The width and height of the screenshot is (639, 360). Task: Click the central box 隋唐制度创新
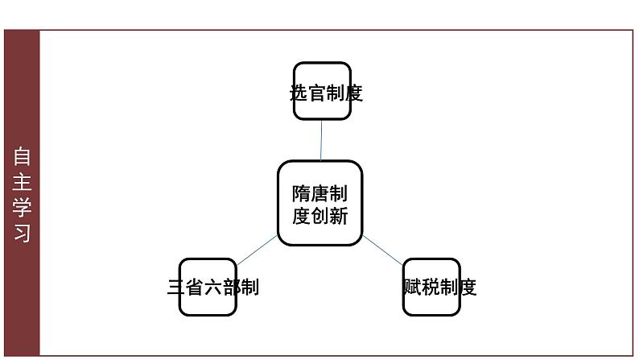coord(320,203)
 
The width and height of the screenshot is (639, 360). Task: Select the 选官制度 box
coord(323,91)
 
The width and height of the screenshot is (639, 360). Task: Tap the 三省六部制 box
coord(208,287)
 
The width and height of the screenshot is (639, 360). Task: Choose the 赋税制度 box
coord(431,287)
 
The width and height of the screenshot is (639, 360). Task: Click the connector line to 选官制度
coord(321,140)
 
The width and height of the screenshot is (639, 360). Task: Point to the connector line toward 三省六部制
coord(258,250)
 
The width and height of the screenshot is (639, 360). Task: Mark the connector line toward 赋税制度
coord(382,250)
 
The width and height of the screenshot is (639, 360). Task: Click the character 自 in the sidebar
coord(22,156)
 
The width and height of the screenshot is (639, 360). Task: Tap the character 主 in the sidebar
coord(22,182)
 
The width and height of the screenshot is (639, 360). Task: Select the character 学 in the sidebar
coord(22,208)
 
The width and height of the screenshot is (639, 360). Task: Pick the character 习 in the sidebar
coord(22,234)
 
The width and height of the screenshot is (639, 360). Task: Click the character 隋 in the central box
coord(301,193)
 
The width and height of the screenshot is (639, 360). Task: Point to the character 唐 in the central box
coord(320,193)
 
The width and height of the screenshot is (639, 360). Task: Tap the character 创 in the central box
coord(320,216)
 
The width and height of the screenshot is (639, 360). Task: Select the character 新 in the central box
coord(339,216)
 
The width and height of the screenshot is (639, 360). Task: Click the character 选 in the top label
coord(299,93)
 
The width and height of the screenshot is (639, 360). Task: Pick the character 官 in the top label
coord(317,93)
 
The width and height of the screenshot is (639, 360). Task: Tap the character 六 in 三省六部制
coord(213,287)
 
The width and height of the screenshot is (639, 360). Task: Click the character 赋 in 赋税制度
coord(412,287)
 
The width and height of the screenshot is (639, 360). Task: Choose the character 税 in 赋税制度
coord(431,287)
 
